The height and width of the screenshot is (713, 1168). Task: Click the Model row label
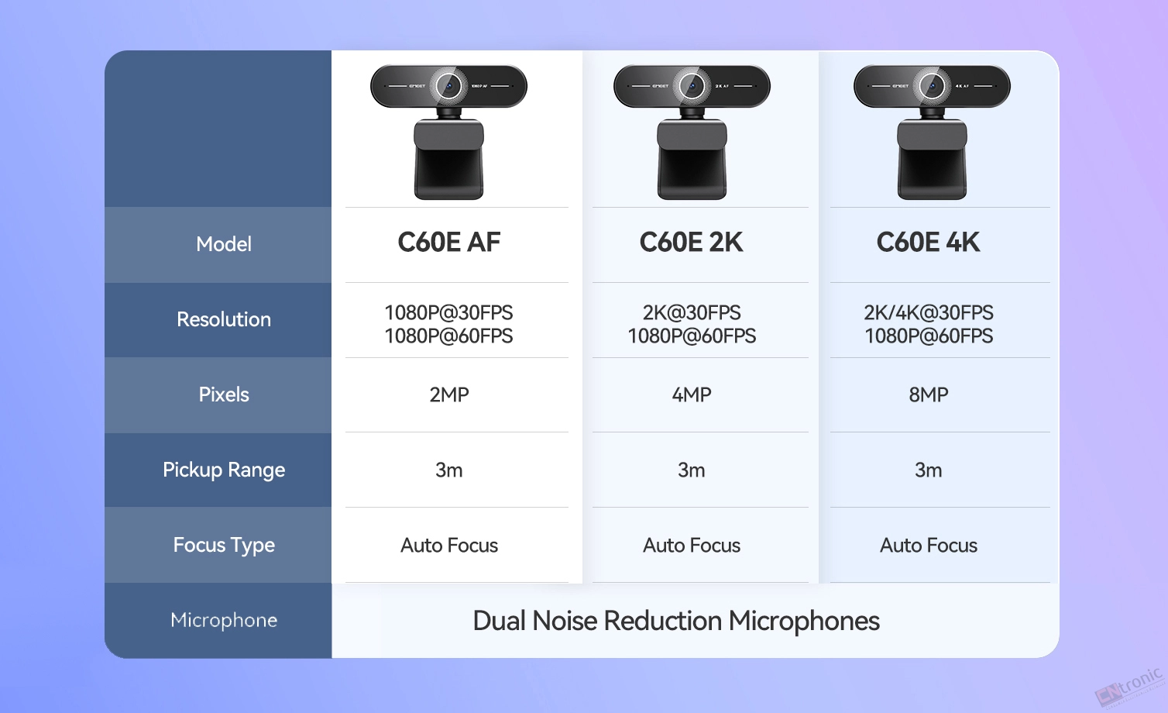point(224,244)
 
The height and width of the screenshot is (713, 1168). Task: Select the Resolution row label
point(224,319)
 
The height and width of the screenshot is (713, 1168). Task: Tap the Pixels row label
point(224,394)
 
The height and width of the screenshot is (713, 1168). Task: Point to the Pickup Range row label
point(224,470)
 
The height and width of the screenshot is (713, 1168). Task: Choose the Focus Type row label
point(224,545)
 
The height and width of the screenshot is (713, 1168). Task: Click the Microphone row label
point(224,620)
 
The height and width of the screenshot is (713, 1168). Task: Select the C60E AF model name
point(449,242)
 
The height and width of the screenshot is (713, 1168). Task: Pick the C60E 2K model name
point(692,242)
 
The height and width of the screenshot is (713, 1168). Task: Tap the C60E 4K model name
point(928,242)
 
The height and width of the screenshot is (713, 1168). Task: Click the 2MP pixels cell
point(449,394)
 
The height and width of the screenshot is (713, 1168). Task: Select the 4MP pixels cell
point(692,394)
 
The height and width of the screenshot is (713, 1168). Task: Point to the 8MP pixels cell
point(928,394)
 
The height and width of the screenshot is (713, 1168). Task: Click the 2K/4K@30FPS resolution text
point(928,312)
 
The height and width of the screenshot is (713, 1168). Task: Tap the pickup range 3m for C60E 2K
point(692,470)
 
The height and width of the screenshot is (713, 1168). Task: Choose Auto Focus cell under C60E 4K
point(928,545)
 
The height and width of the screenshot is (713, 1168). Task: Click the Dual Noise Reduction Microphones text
point(675,621)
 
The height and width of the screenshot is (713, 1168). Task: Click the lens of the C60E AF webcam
point(448,86)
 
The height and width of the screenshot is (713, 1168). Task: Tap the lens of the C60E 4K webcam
point(932,86)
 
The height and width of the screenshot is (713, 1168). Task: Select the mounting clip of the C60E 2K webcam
point(692,159)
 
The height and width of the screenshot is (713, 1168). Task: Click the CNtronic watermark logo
point(1129,687)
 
